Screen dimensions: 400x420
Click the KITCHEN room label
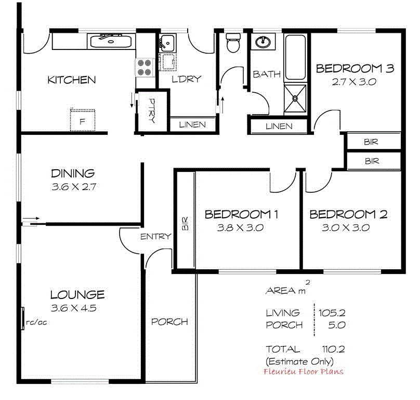(x=72, y=80)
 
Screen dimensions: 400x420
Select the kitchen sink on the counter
(x=110, y=41)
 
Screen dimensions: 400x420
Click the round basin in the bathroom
(x=264, y=41)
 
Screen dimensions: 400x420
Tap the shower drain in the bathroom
(x=295, y=97)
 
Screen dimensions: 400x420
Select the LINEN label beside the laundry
(x=192, y=125)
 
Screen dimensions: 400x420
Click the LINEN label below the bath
(x=279, y=126)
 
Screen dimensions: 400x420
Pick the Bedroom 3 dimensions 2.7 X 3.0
(x=354, y=81)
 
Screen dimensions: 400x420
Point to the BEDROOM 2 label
(x=348, y=214)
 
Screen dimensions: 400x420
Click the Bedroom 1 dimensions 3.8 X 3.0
(x=241, y=228)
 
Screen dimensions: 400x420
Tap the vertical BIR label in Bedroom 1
(x=185, y=224)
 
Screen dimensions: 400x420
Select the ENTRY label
(x=156, y=236)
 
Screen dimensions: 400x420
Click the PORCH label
(x=169, y=322)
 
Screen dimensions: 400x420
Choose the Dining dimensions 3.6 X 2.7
(x=73, y=186)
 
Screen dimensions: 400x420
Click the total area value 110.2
(x=334, y=349)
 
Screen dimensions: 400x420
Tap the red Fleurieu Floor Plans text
(x=304, y=371)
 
